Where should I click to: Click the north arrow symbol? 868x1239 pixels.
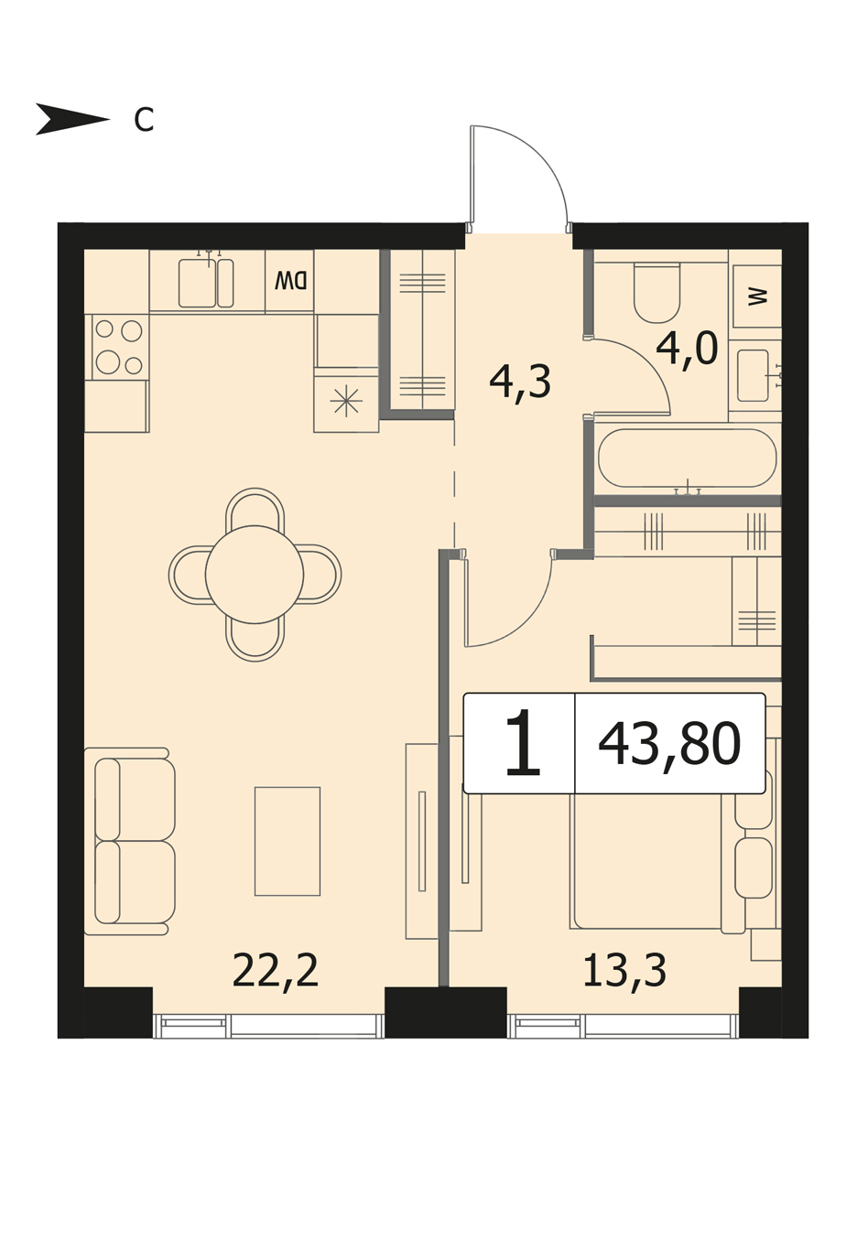tap(72, 119)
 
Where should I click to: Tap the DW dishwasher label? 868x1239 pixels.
tap(290, 282)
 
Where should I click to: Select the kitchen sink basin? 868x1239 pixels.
tap(197, 283)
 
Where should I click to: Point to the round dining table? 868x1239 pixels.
tap(255, 574)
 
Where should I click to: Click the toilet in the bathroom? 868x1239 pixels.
tap(656, 292)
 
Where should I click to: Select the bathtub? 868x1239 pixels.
tap(688, 458)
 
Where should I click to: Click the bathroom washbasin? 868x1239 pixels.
tap(754, 375)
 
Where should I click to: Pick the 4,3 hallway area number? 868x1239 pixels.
tap(520, 382)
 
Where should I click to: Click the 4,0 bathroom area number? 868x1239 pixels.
tap(687, 350)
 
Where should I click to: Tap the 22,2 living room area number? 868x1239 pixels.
tap(275, 970)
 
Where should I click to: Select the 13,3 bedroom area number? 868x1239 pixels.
tap(624, 970)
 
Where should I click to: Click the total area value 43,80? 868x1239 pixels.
tap(669, 744)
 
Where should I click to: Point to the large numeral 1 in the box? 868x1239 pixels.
tap(523, 742)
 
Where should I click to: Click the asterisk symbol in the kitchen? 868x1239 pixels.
tap(346, 401)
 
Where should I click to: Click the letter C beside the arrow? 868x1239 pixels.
tap(144, 119)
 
